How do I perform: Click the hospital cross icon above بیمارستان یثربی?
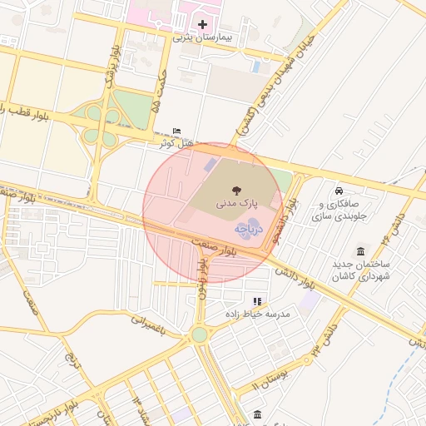pos(202,25)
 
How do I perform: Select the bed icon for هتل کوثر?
pos(176,131)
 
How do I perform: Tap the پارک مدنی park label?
pos(238,202)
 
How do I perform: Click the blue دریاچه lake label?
pos(250,226)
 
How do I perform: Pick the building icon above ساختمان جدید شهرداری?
pos(359,251)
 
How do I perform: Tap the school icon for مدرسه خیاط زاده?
pos(257,301)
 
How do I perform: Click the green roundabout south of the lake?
pos(200,334)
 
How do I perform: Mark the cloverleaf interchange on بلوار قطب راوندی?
pos(101,125)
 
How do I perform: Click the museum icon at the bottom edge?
pos(258,414)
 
